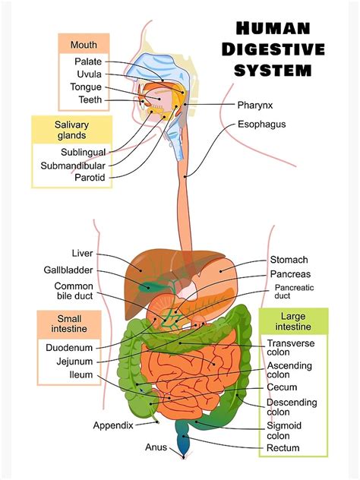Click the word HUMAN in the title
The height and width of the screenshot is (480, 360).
[273, 30]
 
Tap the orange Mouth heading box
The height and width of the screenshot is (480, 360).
[84, 44]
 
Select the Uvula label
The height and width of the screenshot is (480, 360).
[89, 74]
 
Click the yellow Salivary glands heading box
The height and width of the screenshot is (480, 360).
[72, 130]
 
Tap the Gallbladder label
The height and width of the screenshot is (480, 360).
[68, 270]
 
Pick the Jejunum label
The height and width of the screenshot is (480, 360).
[74, 361]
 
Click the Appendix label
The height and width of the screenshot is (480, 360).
[113, 425]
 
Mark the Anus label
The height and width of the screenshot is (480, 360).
[156, 447]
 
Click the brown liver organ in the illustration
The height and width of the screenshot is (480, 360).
[148, 267]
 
